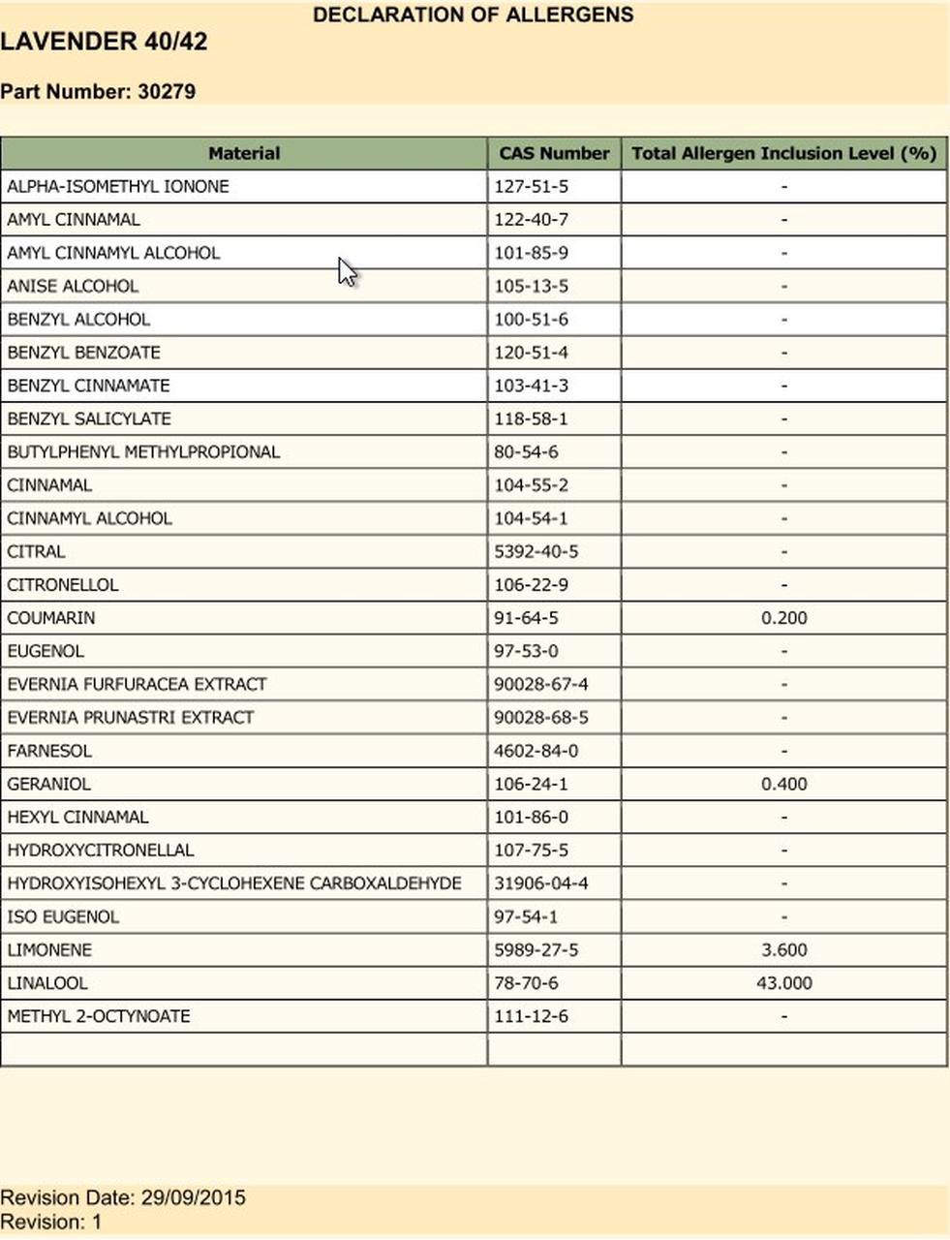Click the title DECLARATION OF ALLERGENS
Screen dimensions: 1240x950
(x=473, y=15)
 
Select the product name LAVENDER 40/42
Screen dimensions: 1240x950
(x=104, y=43)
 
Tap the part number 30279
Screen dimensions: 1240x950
(x=167, y=92)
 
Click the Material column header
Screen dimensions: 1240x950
(x=244, y=153)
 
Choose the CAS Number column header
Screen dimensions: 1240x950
(x=554, y=153)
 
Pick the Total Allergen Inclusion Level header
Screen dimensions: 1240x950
(x=783, y=153)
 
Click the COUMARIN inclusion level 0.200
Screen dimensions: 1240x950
(x=783, y=618)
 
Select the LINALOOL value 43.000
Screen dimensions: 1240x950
(x=783, y=983)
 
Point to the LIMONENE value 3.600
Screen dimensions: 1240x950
(x=783, y=950)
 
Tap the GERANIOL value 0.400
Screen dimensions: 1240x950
(x=783, y=784)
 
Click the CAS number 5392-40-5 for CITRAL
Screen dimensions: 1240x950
(x=536, y=552)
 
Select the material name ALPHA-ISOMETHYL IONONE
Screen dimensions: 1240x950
(x=118, y=186)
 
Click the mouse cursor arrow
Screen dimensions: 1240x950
(x=347, y=272)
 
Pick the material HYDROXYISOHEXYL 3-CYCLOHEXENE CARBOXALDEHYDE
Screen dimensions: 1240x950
(x=234, y=883)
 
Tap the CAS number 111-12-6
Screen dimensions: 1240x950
(x=531, y=1016)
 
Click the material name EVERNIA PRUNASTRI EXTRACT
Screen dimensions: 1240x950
(x=131, y=718)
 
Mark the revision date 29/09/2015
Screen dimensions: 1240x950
(x=193, y=1197)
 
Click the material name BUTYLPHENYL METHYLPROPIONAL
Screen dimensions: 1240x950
(x=143, y=452)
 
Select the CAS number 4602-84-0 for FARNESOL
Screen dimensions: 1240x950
(x=536, y=751)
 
